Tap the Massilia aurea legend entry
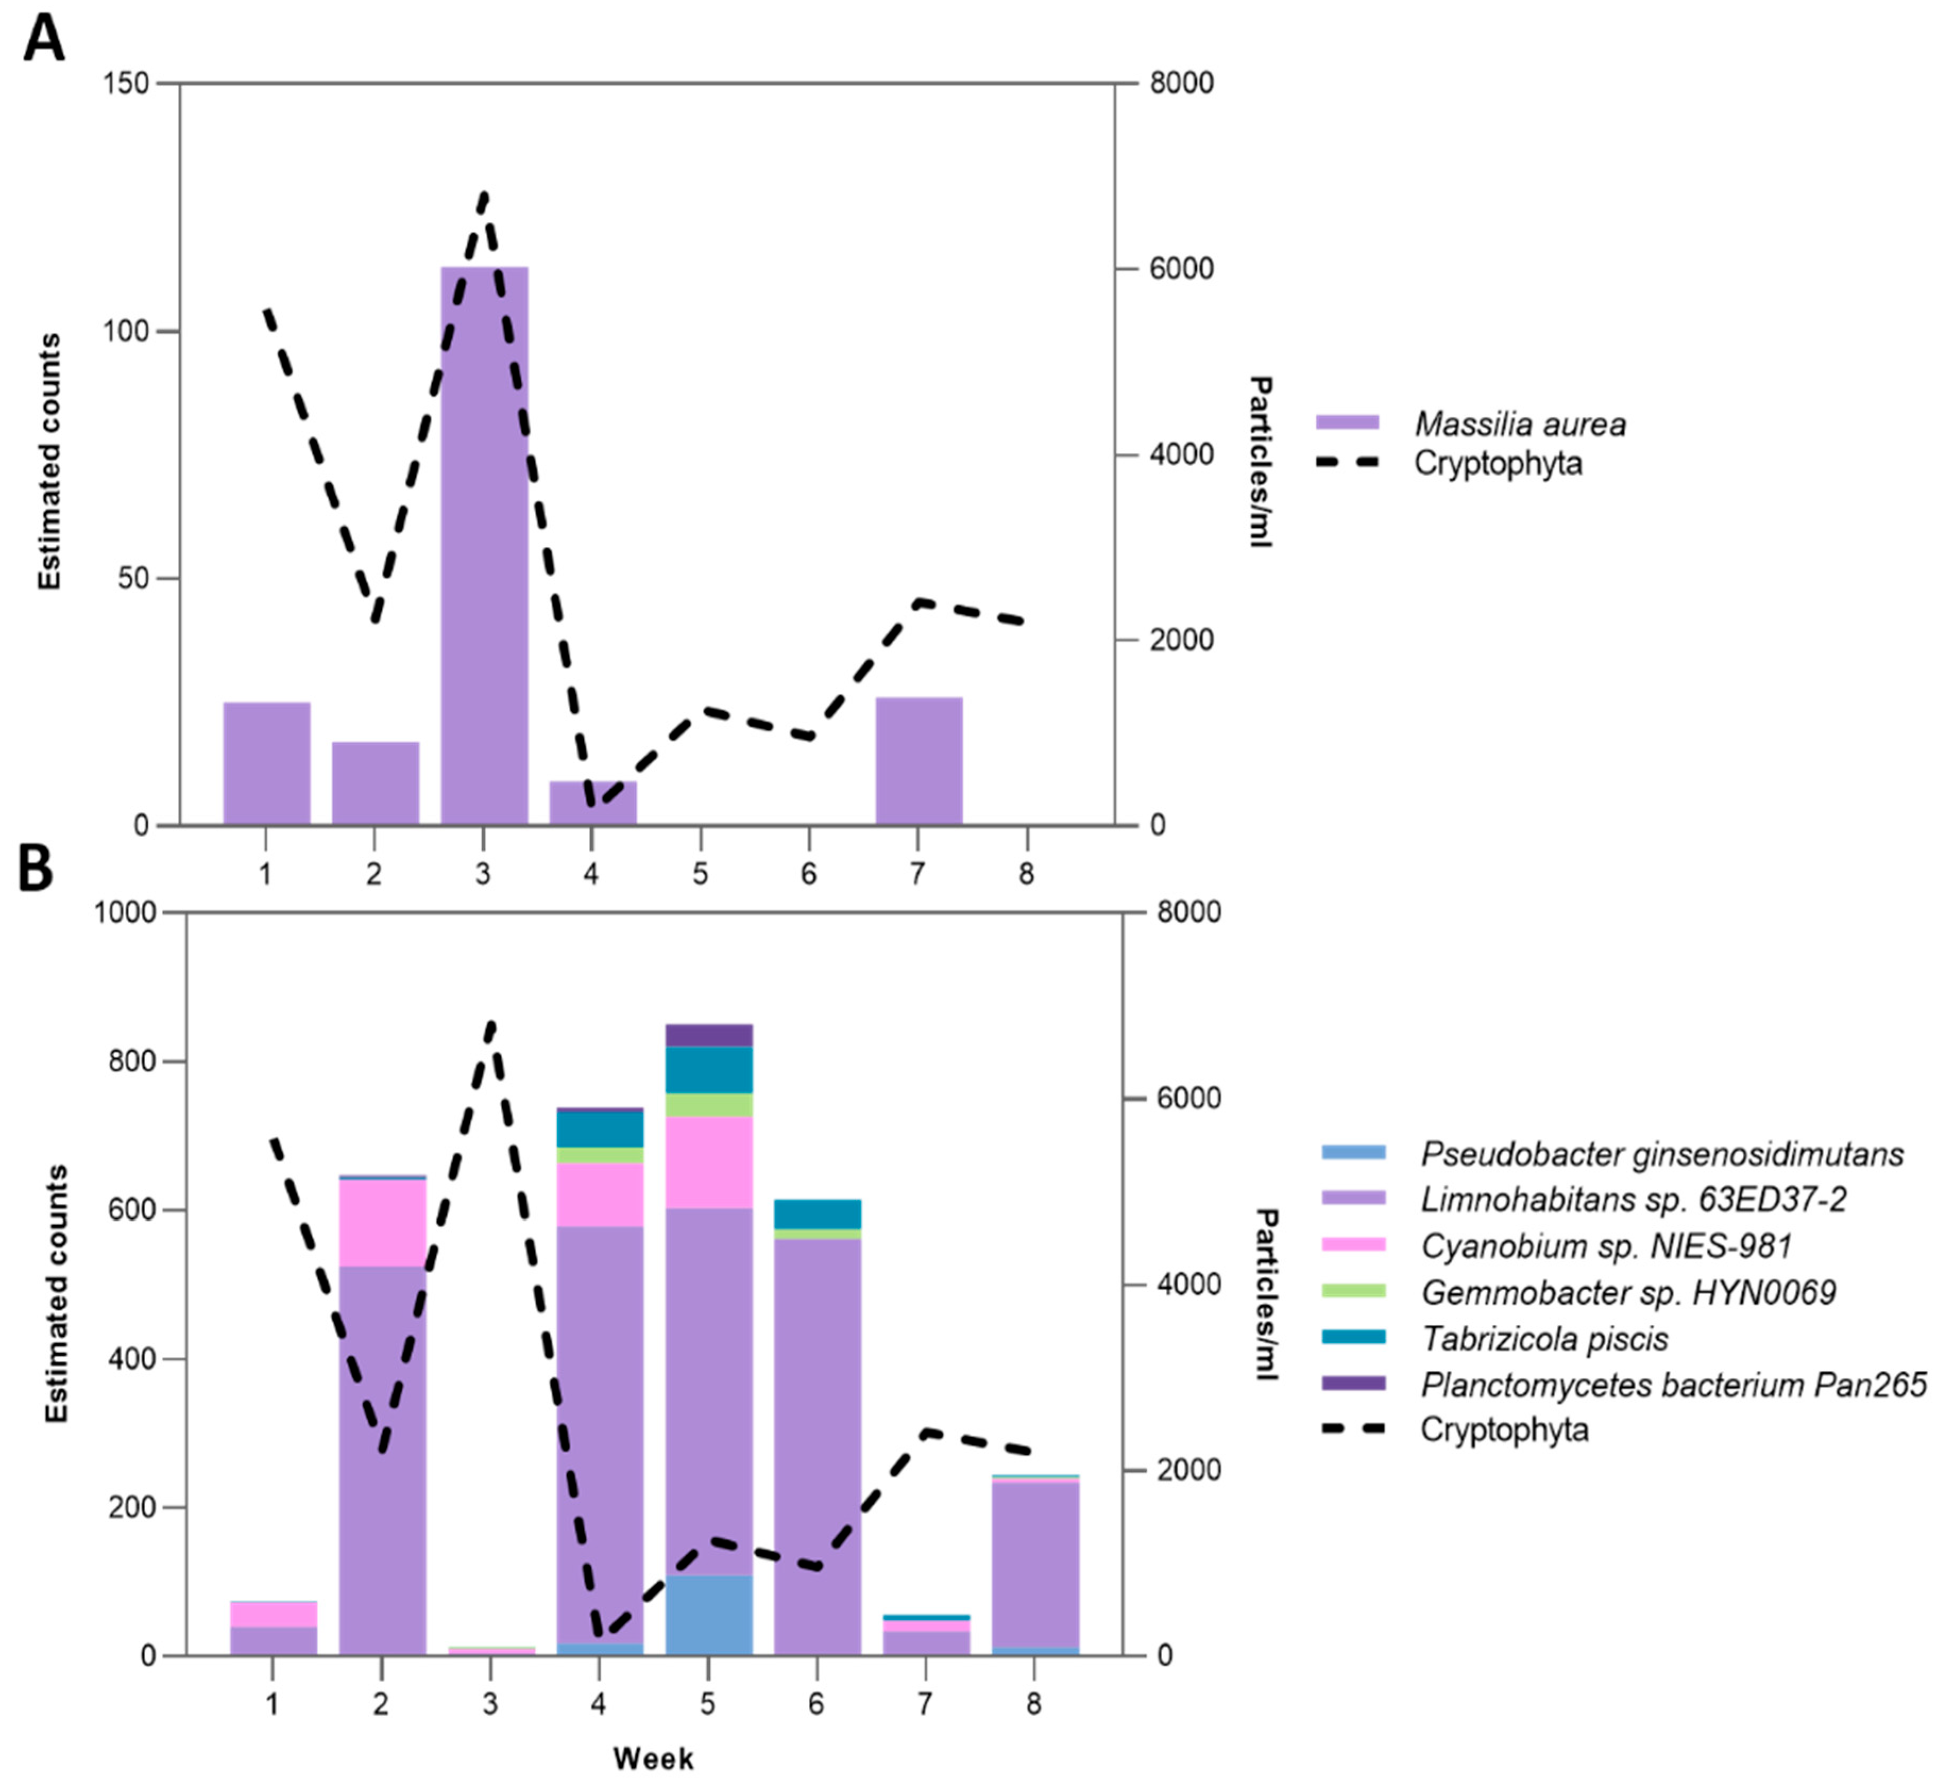[1519, 424]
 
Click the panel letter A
[44, 40]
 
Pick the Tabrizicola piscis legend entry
[1545, 1339]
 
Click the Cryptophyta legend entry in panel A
[1497, 463]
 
